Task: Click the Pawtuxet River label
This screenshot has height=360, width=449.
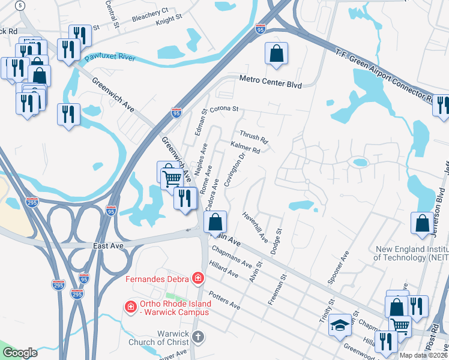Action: pos(109,58)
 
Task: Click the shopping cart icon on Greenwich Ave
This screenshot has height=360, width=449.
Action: pos(172,177)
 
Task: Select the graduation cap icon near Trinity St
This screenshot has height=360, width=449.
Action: pos(340,323)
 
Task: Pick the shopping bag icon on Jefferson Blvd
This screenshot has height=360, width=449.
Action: pos(423,223)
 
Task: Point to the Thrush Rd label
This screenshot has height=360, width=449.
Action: pos(253,137)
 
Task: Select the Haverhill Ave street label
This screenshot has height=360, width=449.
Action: pos(255,226)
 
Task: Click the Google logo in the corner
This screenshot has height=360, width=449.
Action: pos(20,353)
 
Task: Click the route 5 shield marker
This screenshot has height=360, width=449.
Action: pos(21,5)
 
